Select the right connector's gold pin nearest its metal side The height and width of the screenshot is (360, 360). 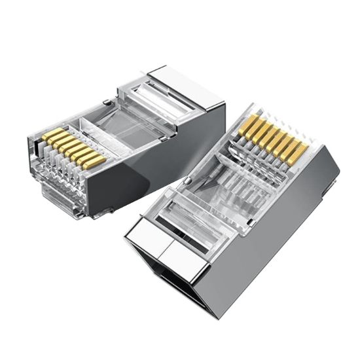coord(298,153)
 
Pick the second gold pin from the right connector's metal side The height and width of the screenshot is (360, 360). coord(291,149)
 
